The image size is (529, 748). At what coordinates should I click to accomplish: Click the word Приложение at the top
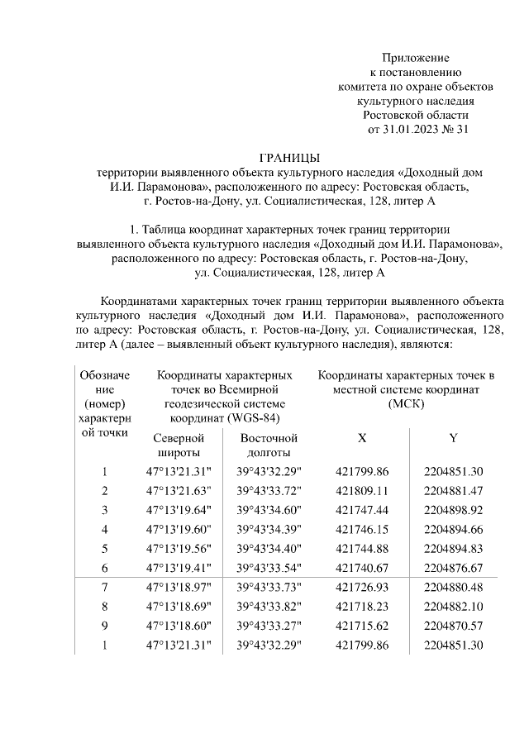coord(415,58)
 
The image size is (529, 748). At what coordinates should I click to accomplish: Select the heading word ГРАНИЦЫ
coord(288,157)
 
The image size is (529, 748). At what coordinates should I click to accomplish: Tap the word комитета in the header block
coord(365,87)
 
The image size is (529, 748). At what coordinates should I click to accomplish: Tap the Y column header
coord(452,438)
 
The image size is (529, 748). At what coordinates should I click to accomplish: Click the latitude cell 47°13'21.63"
coord(179,491)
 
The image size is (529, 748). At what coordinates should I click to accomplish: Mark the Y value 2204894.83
coord(452,548)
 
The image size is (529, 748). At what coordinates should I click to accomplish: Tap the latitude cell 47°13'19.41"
coord(179,567)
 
